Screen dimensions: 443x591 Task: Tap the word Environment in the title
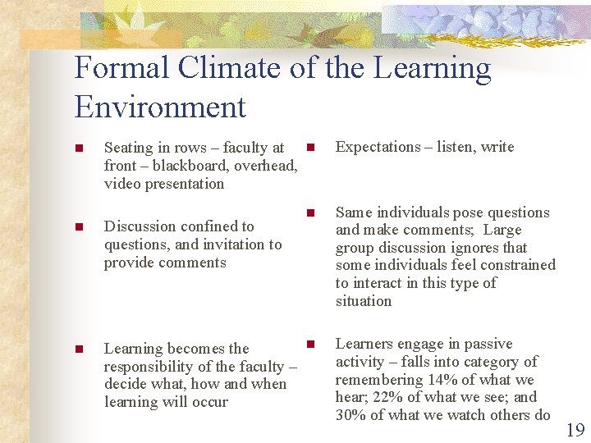point(160,107)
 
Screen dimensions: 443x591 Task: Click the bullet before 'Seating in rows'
point(78,148)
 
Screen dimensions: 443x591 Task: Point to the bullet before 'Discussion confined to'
point(78,227)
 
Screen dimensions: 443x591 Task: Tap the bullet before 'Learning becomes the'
point(78,349)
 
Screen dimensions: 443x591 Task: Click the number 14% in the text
point(438,380)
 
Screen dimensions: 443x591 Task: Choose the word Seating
point(129,148)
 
